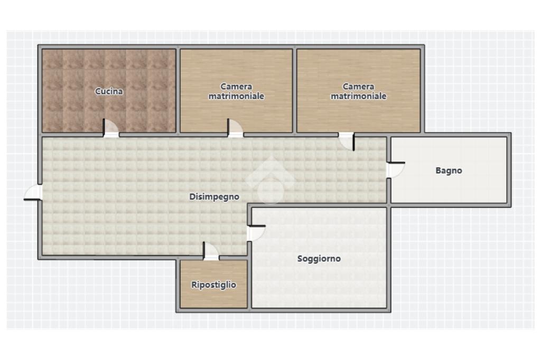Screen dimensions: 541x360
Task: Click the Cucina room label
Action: (x=109, y=91)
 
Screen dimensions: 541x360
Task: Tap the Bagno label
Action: (x=449, y=170)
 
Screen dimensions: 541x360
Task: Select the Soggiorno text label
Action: (x=319, y=259)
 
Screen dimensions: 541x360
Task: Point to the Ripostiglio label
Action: (x=213, y=285)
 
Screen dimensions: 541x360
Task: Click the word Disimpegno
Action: (x=214, y=196)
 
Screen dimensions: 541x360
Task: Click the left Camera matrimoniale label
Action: (x=236, y=91)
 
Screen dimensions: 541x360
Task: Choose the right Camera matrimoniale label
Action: (x=359, y=91)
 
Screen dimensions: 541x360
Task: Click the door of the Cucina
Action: (x=111, y=128)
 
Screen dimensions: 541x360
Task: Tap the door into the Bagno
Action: (x=395, y=170)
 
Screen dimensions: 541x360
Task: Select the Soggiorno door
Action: (x=256, y=233)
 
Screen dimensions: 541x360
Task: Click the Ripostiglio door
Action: (x=211, y=251)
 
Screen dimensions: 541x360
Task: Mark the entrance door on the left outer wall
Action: (x=33, y=193)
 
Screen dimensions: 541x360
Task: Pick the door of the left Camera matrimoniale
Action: (x=235, y=128)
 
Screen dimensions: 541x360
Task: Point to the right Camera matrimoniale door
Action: (x=347, y=141)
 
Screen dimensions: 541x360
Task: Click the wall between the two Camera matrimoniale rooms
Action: (x=295, y=90)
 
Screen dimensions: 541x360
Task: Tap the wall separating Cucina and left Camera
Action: (x=178, y=90)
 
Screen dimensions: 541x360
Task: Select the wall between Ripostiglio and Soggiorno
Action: (x=249, y=283)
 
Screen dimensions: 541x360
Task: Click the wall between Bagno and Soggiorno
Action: (x=449, y=205)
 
